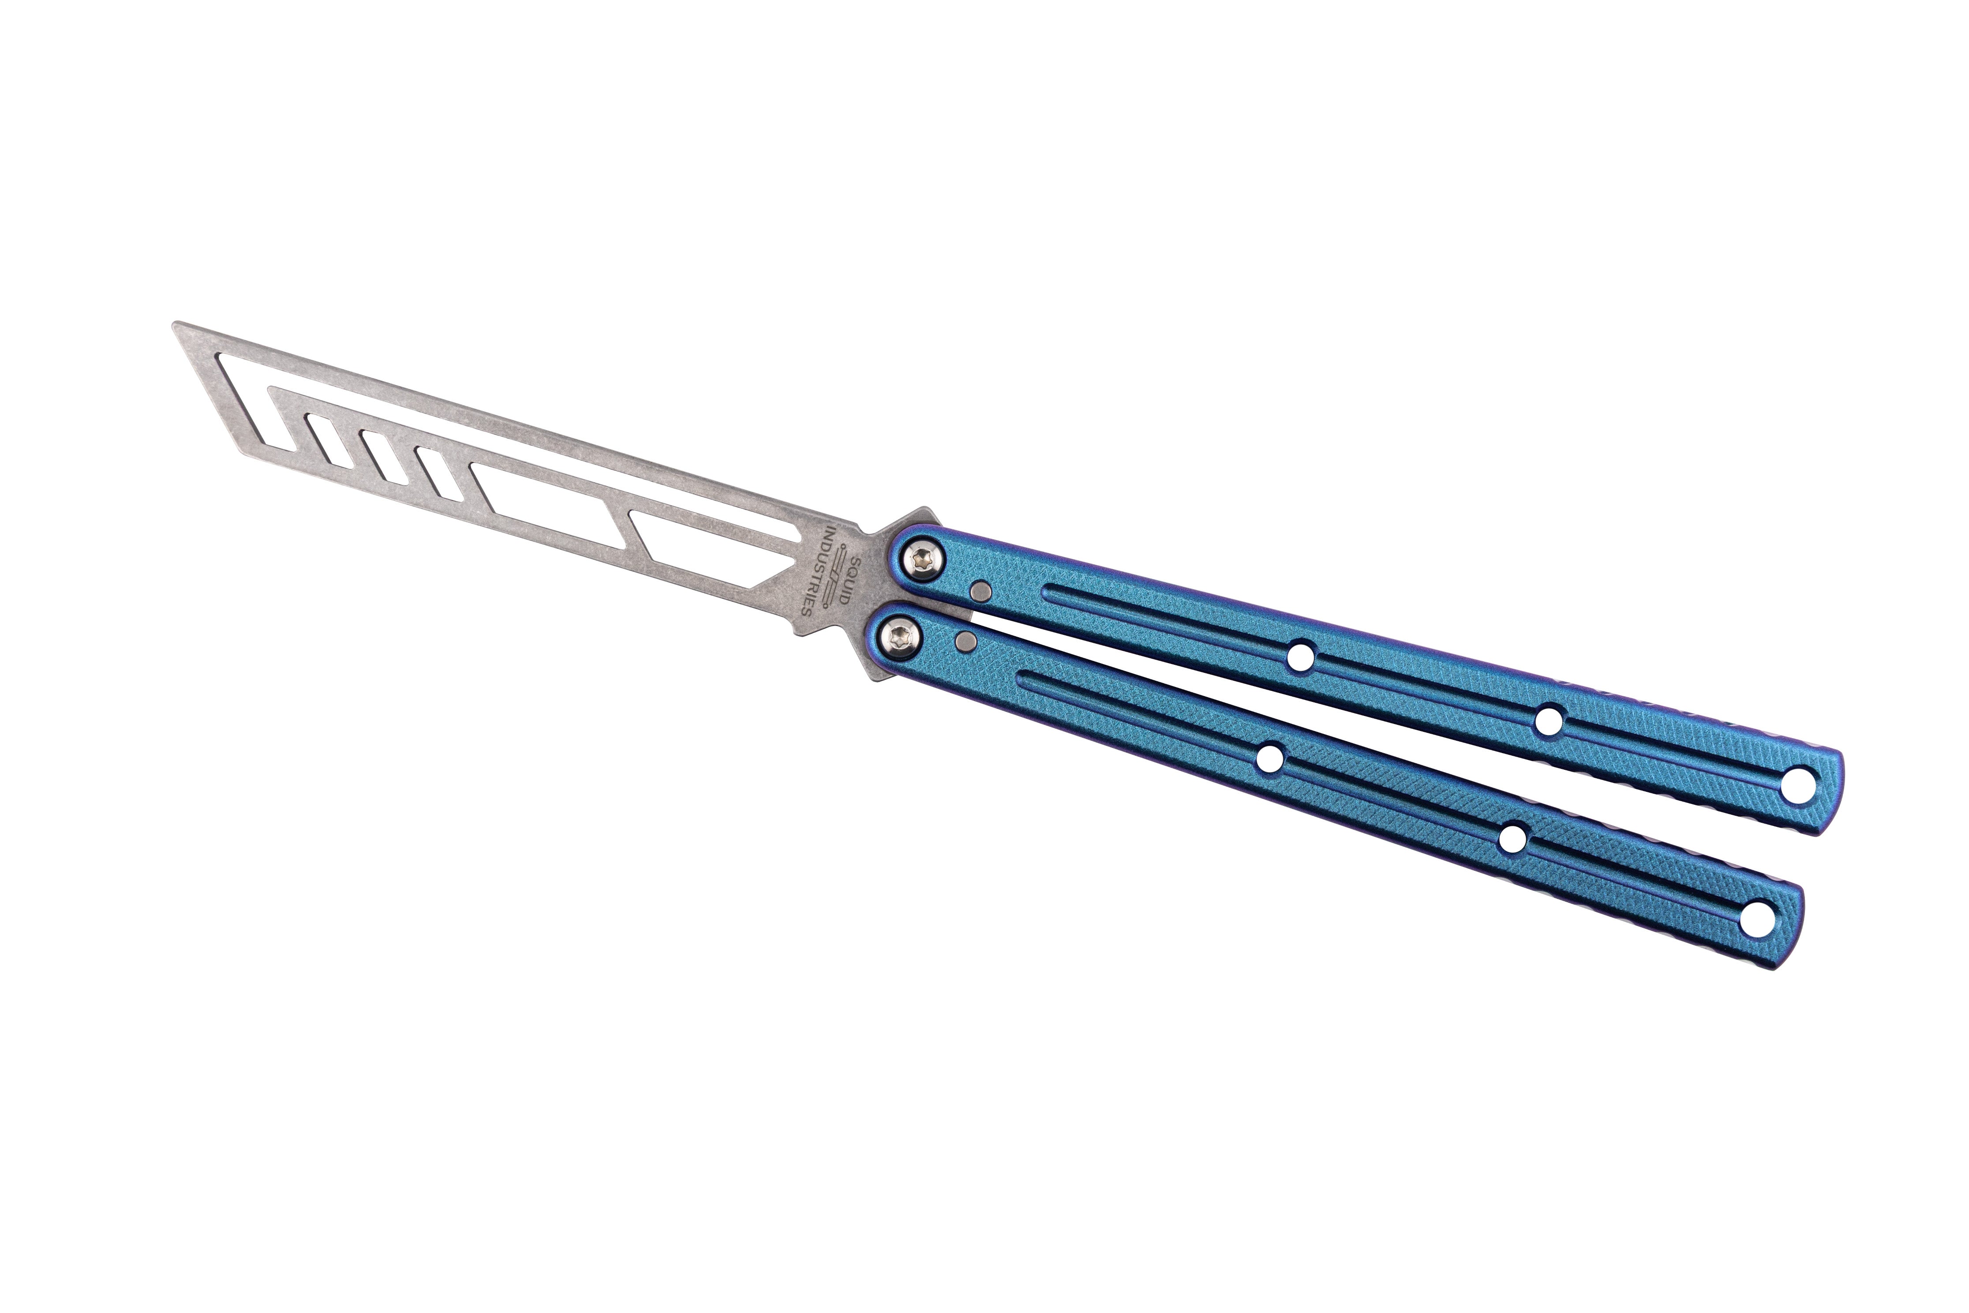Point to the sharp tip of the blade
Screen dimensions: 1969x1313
pos(174,324)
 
